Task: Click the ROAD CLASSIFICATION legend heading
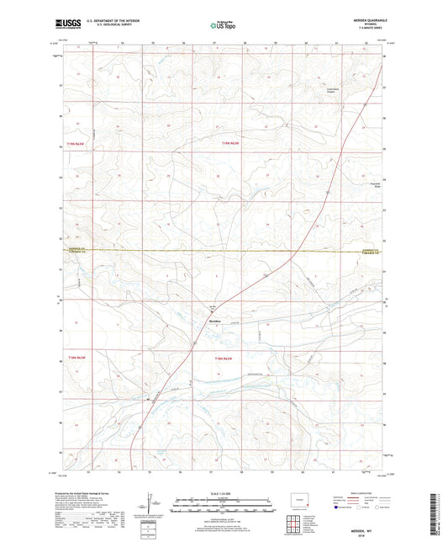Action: click(x=361, y=493)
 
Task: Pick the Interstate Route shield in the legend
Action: click(x=336, y=508)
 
